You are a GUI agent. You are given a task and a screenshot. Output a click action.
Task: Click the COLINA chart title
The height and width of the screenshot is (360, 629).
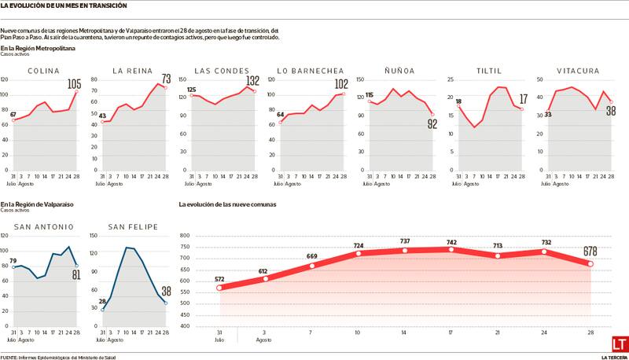pos(45,71)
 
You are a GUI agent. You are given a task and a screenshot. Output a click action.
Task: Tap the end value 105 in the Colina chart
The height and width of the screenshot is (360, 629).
pos(75,84)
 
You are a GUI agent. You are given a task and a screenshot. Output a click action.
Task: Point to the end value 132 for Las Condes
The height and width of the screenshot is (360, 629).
pos(252,81)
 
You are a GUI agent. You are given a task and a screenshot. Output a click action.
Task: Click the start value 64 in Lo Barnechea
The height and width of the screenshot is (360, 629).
pos(281,115)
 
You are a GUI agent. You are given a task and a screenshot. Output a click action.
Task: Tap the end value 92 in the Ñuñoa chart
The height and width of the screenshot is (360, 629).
pos(431,124)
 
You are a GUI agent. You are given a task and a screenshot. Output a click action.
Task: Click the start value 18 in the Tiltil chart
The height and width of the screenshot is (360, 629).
pos(458,101)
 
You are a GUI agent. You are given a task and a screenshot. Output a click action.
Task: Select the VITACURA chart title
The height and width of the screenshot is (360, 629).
pos(578,71)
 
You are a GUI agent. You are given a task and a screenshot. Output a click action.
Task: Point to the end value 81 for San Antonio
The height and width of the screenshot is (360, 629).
pos(75,274)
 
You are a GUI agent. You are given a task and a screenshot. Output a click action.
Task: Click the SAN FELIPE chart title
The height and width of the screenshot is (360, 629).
pos(133,227)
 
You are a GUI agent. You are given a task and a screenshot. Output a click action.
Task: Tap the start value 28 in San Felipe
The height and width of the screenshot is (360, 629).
pos(103,301)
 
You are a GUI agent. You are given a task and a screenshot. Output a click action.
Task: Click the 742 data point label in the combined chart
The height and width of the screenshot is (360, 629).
pos(451,242)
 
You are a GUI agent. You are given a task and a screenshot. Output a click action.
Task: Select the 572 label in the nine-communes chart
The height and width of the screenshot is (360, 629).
pos(219,280)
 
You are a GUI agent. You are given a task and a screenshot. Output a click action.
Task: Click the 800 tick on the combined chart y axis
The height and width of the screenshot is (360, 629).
pos(186,235)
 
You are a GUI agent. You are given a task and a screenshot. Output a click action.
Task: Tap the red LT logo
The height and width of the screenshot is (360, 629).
pos(620,345)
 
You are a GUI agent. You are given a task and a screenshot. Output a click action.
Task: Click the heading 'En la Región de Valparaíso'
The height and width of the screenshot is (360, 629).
pos(37,204)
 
